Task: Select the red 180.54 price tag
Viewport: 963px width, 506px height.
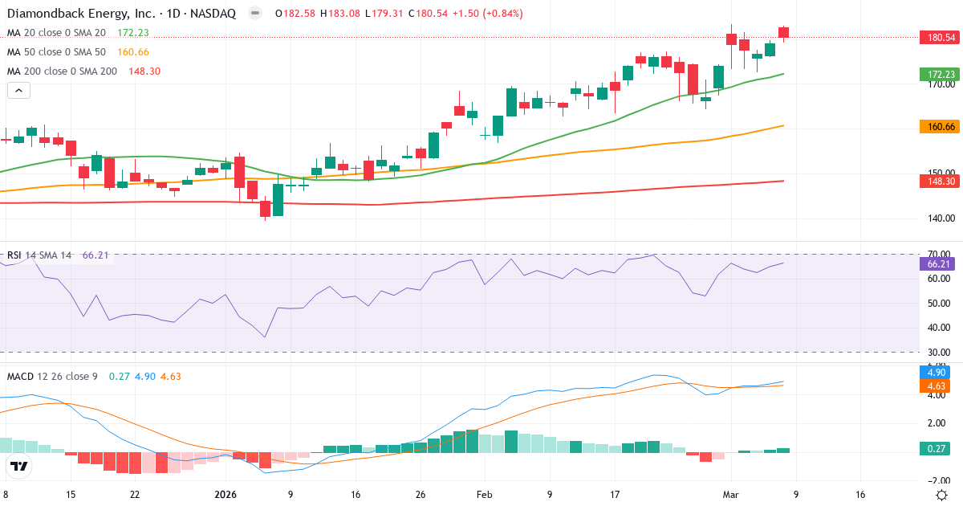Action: [x=939, y=37]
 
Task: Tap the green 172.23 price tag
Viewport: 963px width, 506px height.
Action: [x=939, y=74]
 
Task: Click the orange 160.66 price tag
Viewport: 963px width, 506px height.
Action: [x=939, y=126]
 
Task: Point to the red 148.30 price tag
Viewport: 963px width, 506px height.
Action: [x=939, y=182]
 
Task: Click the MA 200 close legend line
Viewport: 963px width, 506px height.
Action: [x=63, y=71]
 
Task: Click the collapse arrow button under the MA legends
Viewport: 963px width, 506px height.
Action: [x=18, y=91]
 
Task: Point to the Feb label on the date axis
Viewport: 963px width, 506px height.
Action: [x=484, y=495]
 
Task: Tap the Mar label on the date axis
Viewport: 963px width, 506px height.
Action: [x=730, y=495]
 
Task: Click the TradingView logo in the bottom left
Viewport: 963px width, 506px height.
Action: [x=19, y=466]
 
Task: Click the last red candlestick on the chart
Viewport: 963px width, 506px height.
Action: [x=783, y=32]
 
